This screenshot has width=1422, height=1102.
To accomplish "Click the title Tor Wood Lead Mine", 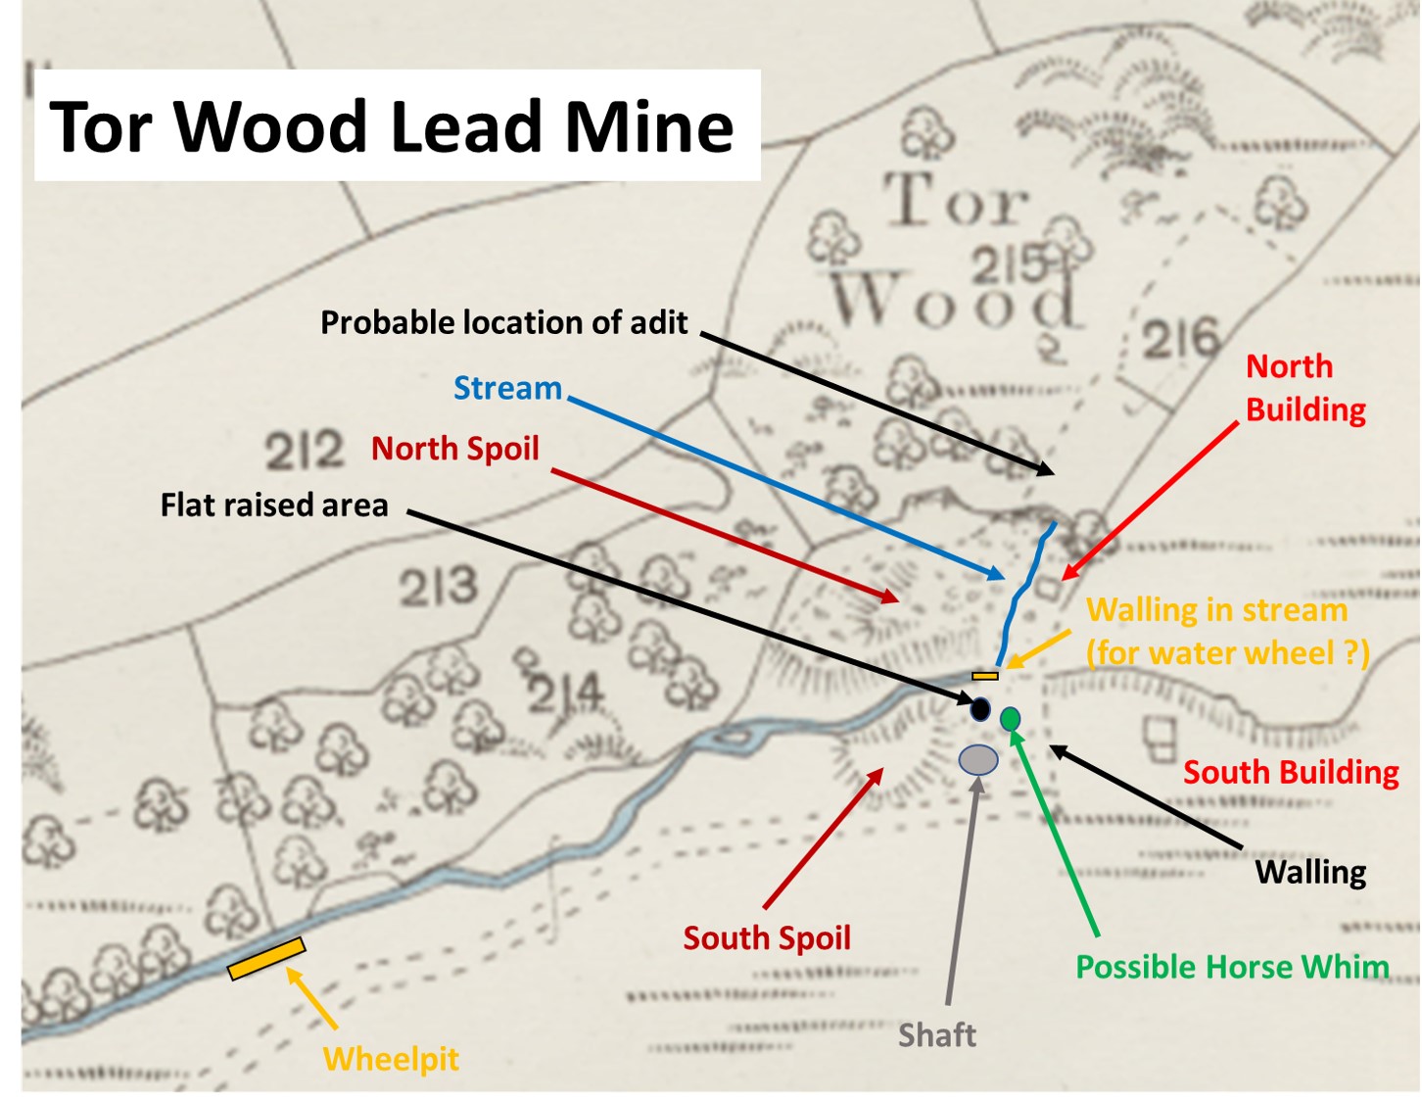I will click(x=392, y=126).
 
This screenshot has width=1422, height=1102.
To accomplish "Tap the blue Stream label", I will click(x=507, y=388).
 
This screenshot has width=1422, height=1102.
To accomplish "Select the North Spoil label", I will click(x=454, y=448).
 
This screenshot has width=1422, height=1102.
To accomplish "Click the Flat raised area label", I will click(x=274, y=504).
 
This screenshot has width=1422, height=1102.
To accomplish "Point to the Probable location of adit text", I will click(x=503, y=322).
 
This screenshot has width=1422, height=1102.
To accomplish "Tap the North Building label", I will click(x=1304, y=388).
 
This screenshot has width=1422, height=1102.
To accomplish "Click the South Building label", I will click(x=1291, y=772).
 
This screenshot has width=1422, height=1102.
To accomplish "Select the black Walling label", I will click(x=1310, y=871).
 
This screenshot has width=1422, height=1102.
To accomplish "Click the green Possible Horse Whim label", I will click(x=1232, y=967).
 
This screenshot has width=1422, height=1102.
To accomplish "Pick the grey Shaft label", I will click(x=937, y=1034).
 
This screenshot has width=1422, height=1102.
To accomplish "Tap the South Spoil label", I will click(x=767, y=937).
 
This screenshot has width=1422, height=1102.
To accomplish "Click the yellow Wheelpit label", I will click(x=391, y=1058).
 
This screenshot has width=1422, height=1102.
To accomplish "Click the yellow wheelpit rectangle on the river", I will click(x=266, y=959).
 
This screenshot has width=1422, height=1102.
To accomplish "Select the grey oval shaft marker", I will click(x=978, y=759).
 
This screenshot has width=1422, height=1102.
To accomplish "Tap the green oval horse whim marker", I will click(x=1011, y=719).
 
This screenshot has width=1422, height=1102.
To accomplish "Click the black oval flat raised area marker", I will click(x=979, y=708).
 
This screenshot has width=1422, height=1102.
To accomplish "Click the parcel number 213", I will click(x=438, y=588).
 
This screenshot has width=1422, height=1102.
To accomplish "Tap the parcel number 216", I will click(x=1181, y=340).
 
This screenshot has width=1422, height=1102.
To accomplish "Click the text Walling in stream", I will click(x=1217, y=610).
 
